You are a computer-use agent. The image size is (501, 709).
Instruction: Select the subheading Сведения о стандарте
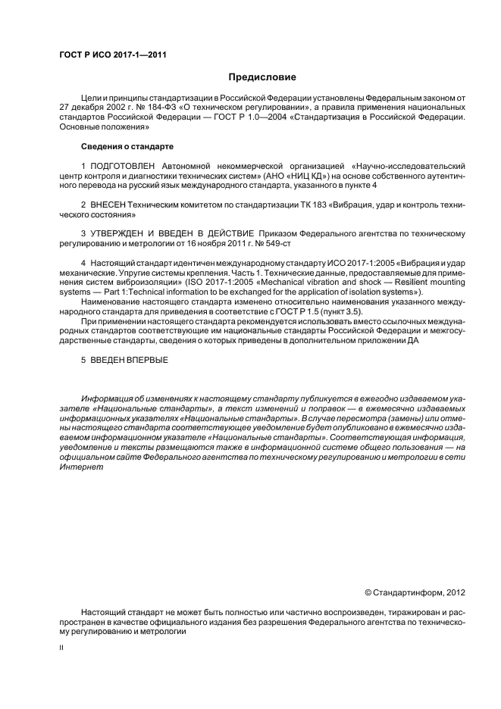pos(127,145)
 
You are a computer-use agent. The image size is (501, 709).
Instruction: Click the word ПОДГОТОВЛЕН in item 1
pos(121,164)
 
